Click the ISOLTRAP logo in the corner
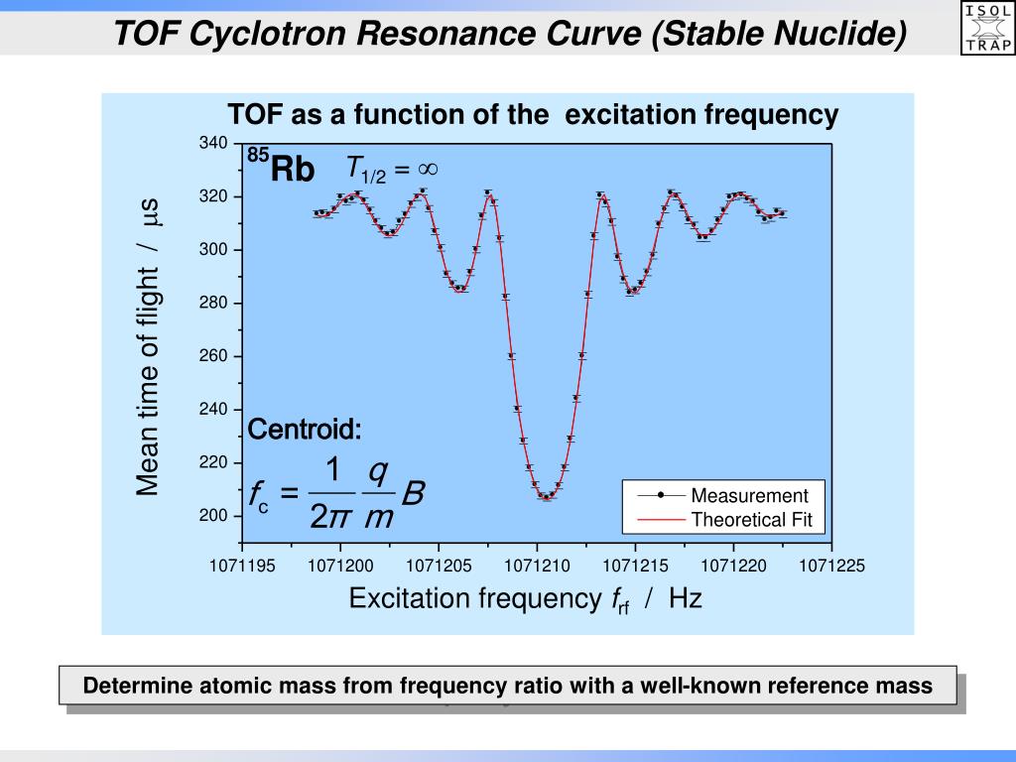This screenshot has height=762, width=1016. pyautogui.click(x=988, y=26)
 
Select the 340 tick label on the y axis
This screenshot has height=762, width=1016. pyautogui.click(x=213, y=144)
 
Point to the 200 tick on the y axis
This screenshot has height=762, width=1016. pyautogui.click(x=213, y=516)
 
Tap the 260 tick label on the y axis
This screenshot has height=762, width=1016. pyautogui.click(x=213, y=356)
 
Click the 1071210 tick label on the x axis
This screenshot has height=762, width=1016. pyautogui.click(x=537, y=567)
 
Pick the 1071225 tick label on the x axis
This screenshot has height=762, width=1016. pyautogui.click(x=832, y=567)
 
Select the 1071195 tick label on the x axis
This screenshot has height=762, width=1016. pyautogui.click(x=242, y=567)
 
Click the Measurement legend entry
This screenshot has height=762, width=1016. pyautogui.click(x=749, y=496)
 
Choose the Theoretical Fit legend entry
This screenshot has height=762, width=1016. pyautogui.click(x=751, y=520)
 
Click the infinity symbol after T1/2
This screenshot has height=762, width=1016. pyautogui.click(x=428, y=169)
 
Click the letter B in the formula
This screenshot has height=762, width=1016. pyautogui.click(x=414, y=492)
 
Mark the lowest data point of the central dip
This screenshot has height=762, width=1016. pyautogui.click(x=546, y=496)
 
